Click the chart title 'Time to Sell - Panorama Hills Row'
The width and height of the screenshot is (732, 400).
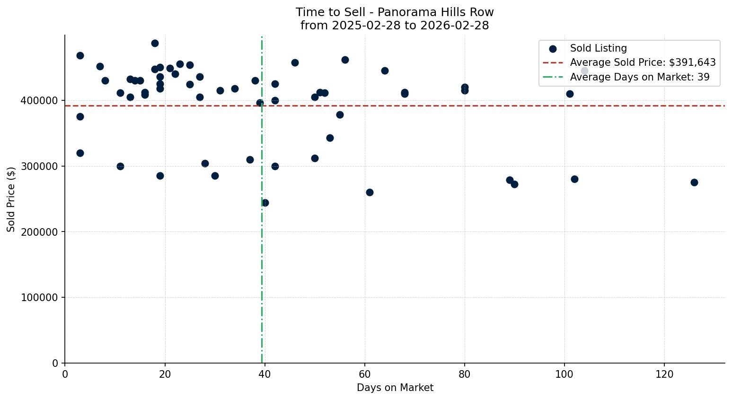(395, 12)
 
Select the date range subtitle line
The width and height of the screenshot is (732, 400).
(395, 26)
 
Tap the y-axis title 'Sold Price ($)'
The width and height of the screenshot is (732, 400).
(11, 199)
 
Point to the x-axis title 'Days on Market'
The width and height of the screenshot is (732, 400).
(395, 388)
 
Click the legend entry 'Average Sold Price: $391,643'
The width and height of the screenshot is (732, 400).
(643, 62)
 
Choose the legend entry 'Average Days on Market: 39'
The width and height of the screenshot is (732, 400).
(639, 77)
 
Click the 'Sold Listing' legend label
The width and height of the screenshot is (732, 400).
(598, 48)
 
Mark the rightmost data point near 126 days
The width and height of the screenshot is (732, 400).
(694, 182)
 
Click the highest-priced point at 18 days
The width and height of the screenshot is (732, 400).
(155, 43)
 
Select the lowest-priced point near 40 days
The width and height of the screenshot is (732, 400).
(265, 203)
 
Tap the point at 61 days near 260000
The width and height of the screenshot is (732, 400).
(370, 192)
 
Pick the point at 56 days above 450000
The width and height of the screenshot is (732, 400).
(345, 60)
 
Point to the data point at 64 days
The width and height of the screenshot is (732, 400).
(385, 71)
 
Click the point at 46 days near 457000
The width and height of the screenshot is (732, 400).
(295, 62)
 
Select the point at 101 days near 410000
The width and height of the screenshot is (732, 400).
(570, 94)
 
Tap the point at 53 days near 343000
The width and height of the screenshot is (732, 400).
(330, 138)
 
